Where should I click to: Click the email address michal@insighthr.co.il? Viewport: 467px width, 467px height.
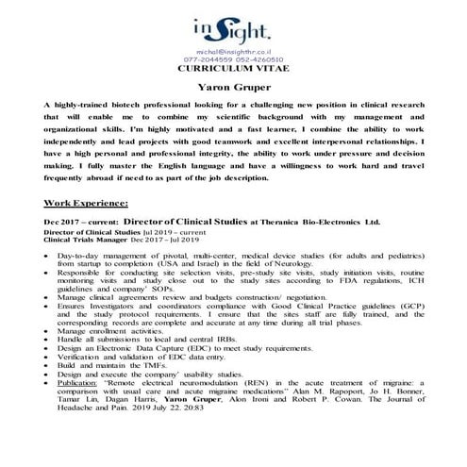click(233, 53)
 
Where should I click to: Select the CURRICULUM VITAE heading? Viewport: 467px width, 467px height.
click(233, 71)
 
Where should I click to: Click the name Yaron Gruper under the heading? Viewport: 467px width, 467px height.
click(233, 87)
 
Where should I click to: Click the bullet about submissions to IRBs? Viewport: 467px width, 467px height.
click(141, 340)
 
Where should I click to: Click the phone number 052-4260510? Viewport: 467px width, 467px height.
click(257, 61)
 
